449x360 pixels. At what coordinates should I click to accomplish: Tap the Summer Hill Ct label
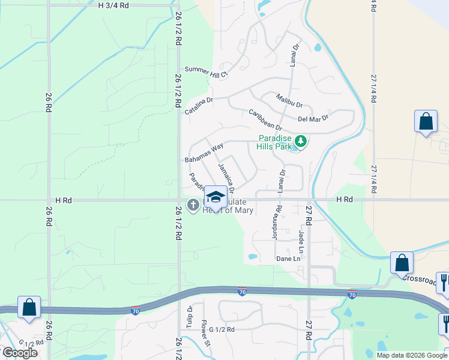207,72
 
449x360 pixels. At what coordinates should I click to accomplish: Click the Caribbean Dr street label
265,119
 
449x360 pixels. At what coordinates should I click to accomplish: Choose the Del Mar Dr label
313,118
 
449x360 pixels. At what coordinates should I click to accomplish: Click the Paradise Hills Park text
274,142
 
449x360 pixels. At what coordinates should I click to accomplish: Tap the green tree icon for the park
301,142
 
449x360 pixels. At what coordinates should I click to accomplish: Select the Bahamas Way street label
204,154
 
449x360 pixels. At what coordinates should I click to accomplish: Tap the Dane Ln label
288,259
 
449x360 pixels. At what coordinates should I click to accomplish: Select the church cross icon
193,206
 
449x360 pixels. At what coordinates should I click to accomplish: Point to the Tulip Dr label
190,313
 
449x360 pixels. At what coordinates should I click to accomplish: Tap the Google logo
20,353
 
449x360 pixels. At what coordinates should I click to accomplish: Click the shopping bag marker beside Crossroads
402,262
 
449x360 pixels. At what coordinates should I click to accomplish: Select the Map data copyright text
412,355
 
